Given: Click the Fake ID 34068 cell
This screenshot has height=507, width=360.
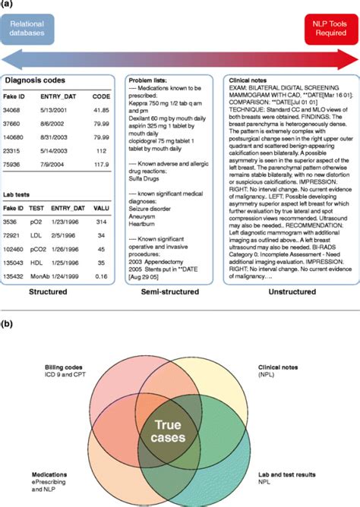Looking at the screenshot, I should coord(17,109).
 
